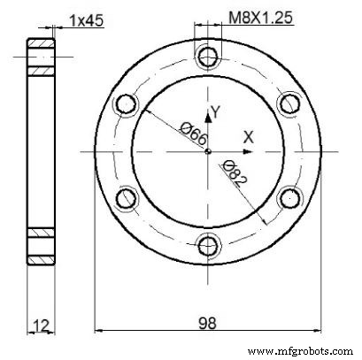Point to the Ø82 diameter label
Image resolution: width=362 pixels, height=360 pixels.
(235, 173)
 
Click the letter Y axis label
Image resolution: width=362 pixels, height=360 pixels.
(212, 112)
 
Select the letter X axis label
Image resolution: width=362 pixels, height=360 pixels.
(249, 137)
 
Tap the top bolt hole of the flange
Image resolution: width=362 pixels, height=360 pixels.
(207, 57)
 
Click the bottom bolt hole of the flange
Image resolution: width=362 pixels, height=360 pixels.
(207, 245)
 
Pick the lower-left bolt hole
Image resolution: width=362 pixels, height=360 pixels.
(125, 198)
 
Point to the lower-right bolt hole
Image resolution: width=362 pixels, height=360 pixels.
(289, 198)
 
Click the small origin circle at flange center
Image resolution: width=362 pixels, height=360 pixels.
(207, 151)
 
